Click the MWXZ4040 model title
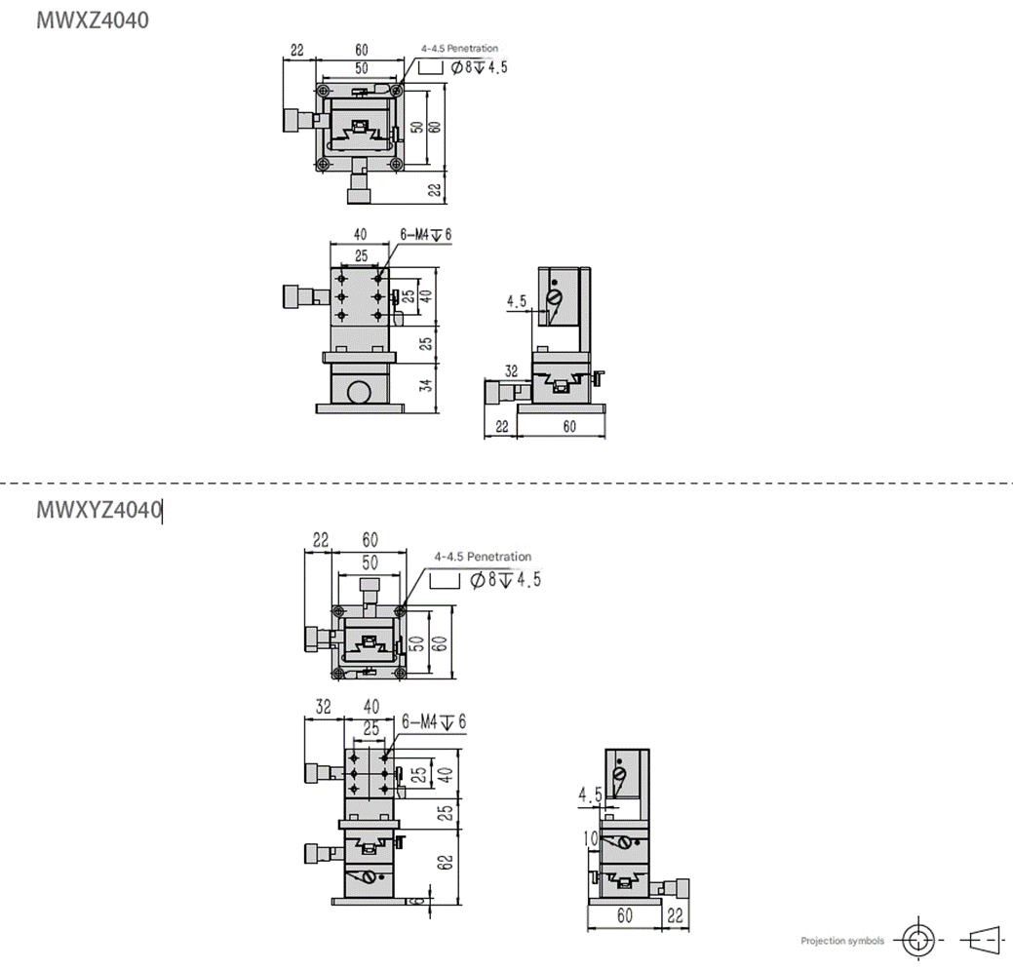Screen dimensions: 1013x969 [x=93, y=20]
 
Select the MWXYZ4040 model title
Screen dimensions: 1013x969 [x=98, y=510]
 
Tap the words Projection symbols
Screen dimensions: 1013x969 [x=841, y=941]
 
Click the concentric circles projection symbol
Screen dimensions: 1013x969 [x=918, y=940]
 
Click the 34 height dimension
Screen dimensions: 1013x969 [x=426, y=386]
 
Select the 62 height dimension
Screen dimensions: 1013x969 [x=446, y=863]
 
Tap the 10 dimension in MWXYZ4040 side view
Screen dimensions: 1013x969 [x=591, y=838]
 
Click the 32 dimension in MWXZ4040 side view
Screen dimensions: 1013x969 [x=511, y=370]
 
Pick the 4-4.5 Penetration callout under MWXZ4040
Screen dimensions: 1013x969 [x=459, y=49]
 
